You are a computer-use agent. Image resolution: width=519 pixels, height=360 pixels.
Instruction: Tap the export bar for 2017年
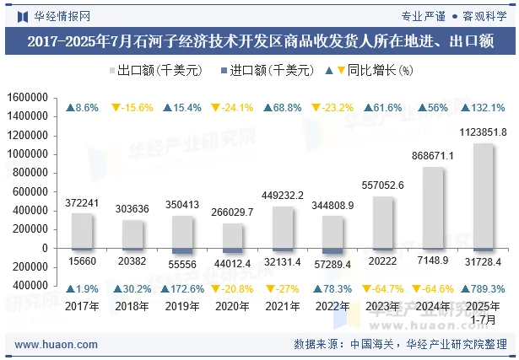[82, 230]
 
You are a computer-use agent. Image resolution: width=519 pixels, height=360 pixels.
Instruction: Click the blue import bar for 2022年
[332, 251]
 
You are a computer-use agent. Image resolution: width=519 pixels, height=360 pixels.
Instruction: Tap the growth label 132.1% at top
[483, 108]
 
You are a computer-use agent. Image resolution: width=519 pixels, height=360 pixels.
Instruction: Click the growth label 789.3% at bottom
[483, 289]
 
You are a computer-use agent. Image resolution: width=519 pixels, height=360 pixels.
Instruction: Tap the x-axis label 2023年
[382, 306]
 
